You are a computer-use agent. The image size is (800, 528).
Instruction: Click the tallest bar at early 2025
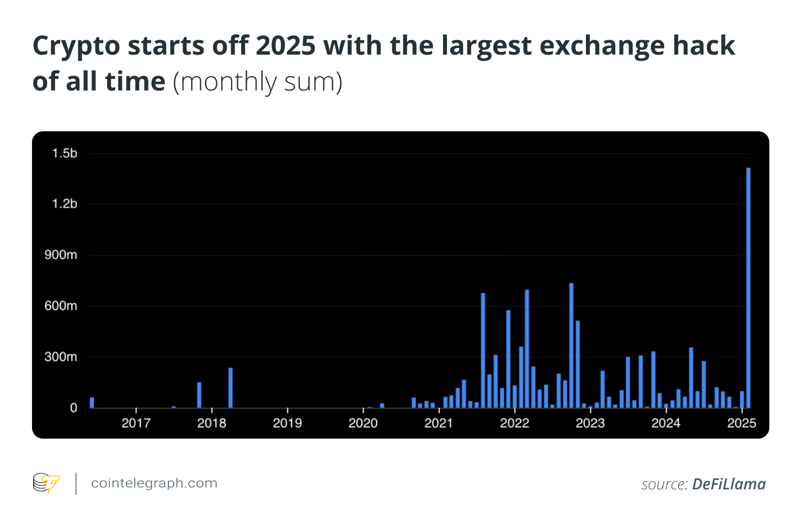748,287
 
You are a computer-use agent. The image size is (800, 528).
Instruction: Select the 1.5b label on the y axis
65,153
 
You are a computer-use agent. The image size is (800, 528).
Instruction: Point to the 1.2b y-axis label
65,204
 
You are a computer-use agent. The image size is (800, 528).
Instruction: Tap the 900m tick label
61,255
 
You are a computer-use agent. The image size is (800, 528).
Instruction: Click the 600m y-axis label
61,306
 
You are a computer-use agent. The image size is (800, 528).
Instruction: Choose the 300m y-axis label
61,357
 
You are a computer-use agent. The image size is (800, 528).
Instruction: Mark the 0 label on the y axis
73,408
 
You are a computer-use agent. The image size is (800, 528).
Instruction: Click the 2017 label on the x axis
136,423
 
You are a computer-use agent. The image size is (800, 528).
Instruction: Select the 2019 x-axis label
287,423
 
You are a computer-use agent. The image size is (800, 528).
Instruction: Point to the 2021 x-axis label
439,423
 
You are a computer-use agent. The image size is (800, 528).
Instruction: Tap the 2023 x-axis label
590,423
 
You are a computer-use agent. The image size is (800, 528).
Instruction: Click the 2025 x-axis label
742,423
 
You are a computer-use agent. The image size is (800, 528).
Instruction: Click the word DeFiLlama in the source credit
729,484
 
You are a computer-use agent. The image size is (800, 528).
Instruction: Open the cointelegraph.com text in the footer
154,483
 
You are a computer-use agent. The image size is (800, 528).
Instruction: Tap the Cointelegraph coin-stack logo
46,483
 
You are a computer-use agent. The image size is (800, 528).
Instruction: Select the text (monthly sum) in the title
258,82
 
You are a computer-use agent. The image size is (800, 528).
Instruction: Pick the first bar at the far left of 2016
92,403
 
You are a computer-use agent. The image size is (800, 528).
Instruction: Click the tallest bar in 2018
231,388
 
